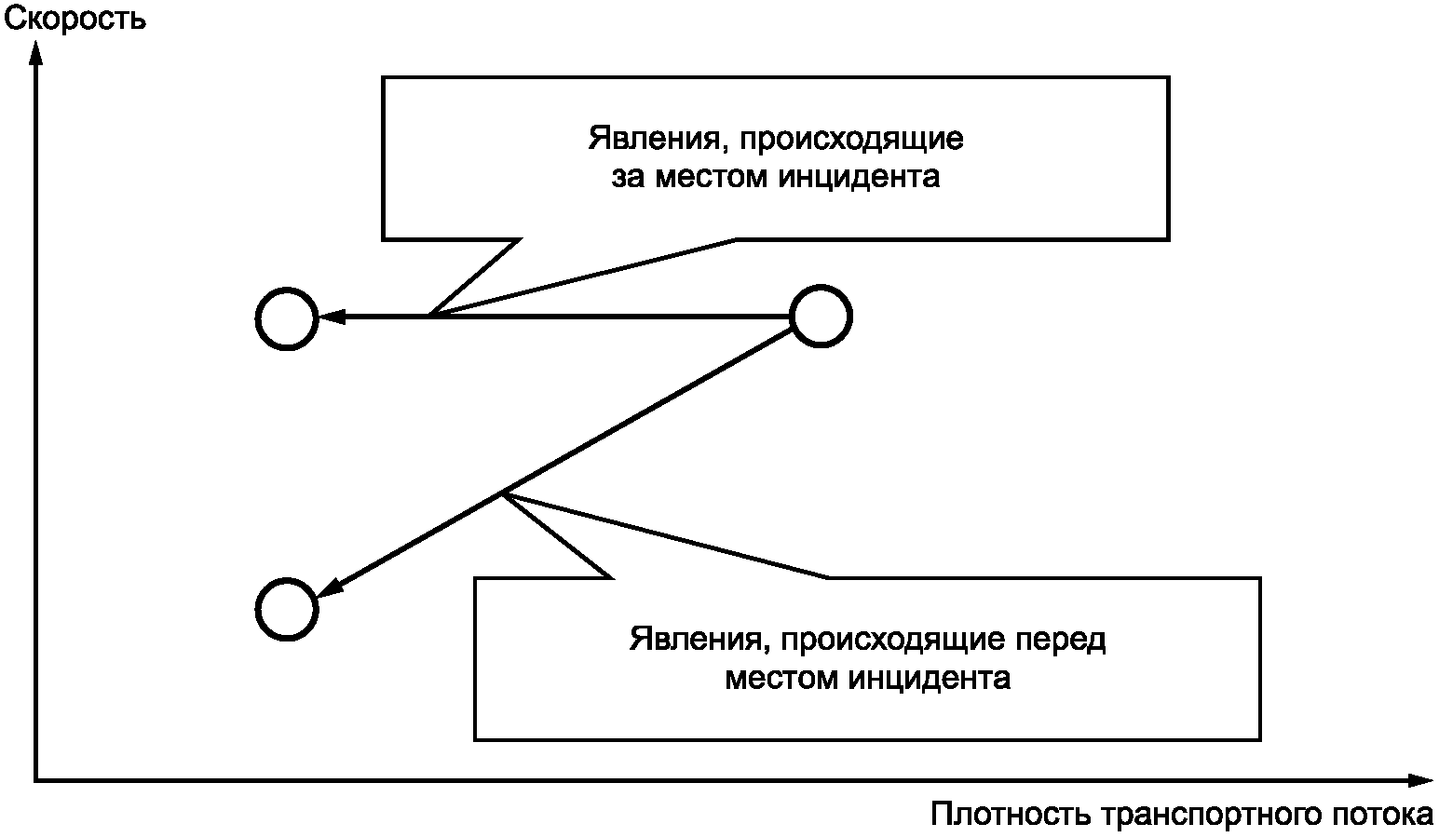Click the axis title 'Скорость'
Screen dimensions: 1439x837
(x=75, y=20)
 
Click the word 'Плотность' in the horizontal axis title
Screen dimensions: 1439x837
(x=1011, y=815)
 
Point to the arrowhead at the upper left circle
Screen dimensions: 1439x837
(x=333, y=316)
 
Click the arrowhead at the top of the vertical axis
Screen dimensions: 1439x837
(x=37, y=53)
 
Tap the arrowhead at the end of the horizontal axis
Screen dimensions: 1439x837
(x=1420, y=780)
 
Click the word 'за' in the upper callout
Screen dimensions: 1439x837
(x=627, y=177)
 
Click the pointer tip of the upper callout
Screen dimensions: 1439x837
(x=429, y=316)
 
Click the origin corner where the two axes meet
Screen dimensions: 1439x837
(x=36, y=780)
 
